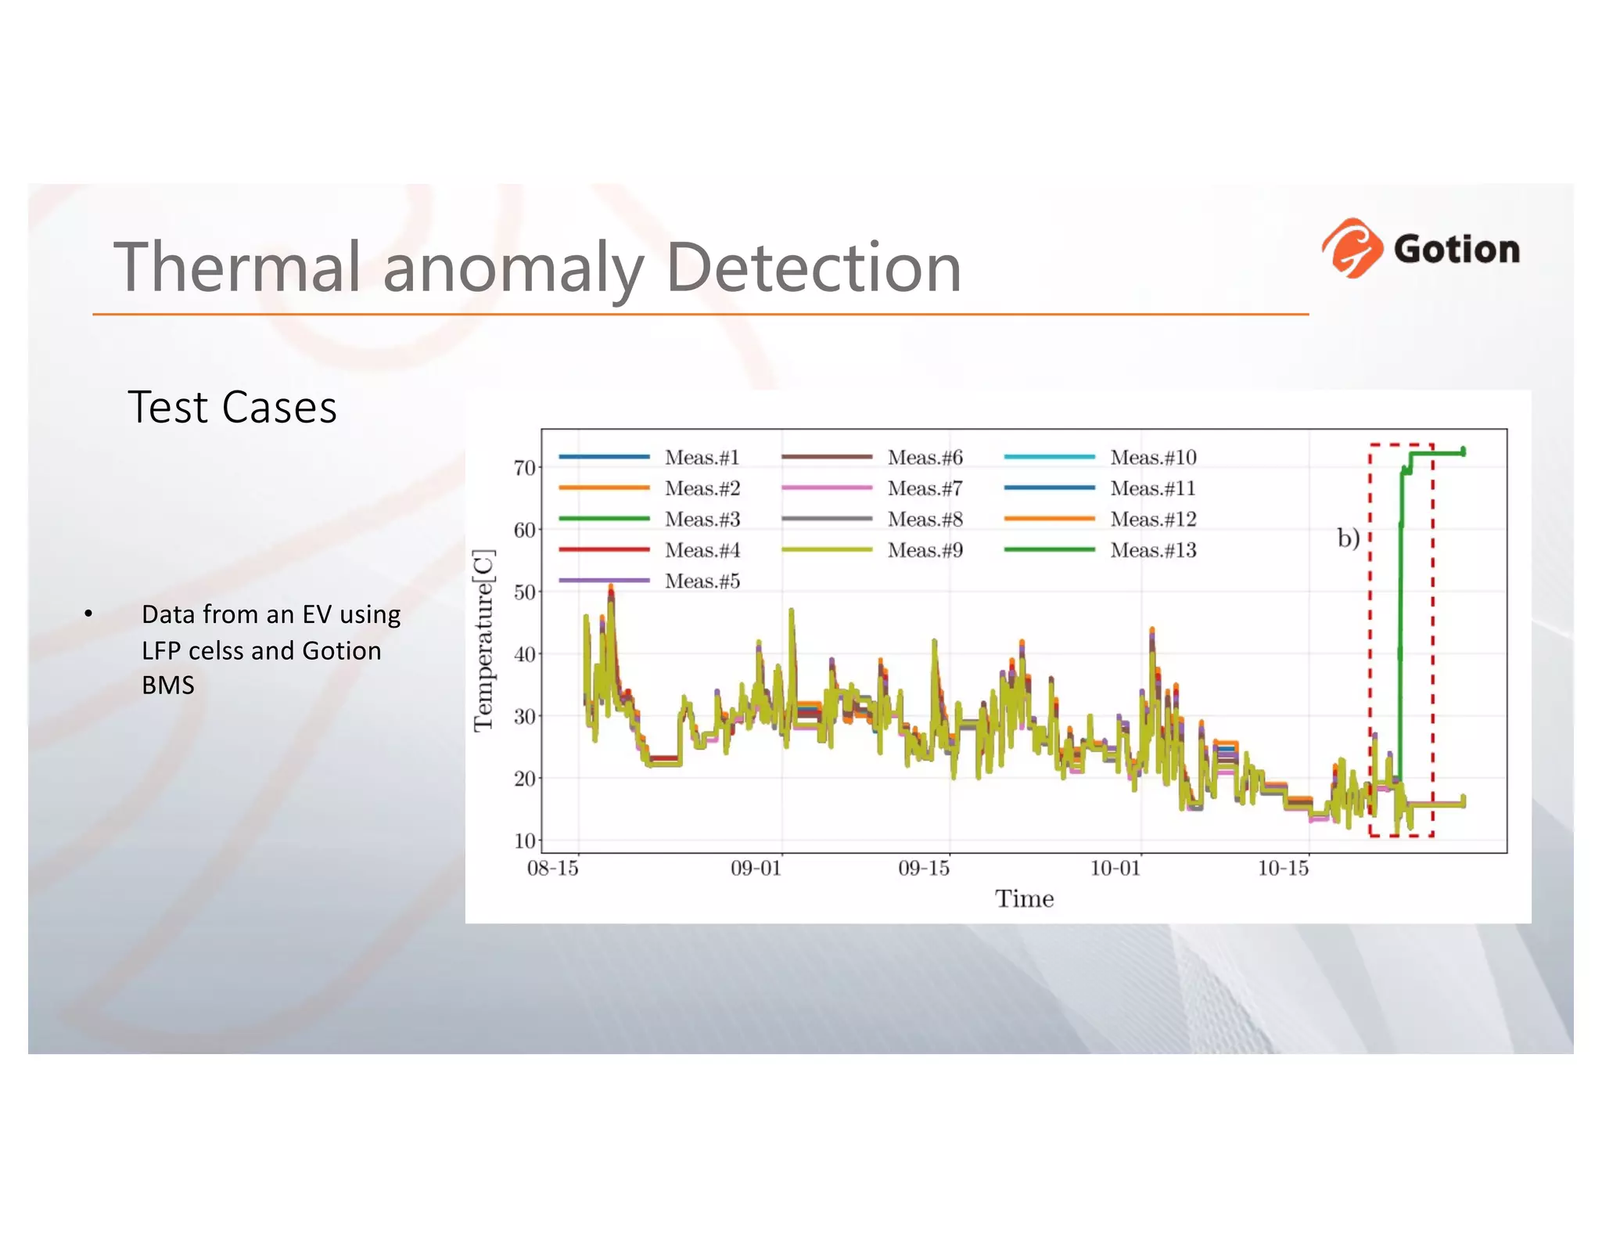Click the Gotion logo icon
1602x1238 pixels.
[1351, 248]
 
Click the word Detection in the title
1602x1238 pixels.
[813, 268]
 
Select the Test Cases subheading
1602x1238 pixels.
[232, 408]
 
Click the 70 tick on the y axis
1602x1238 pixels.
[524, 468]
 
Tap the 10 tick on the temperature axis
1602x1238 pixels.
[524, 840]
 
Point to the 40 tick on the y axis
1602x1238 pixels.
[524, 654]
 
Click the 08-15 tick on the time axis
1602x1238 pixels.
[553, 868]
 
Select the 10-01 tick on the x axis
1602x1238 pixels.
[1115, 868]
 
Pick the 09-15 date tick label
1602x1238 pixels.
[924, 868]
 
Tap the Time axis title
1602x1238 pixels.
[1024, 898]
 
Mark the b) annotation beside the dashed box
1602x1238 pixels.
[1348, 538]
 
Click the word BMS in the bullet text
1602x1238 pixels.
[168, 686]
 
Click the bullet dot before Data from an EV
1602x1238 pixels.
[89, 614]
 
